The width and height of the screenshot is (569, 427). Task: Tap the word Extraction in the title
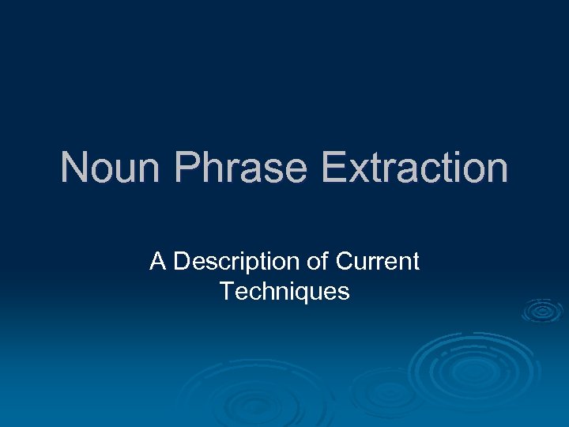414,168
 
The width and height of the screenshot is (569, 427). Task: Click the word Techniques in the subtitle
284,292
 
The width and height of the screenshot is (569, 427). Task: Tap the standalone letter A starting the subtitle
158,262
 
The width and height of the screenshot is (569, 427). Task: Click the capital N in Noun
74,168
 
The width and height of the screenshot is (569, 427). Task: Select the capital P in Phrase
187,168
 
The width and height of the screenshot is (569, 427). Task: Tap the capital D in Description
182,262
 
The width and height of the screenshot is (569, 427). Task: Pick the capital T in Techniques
227,292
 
